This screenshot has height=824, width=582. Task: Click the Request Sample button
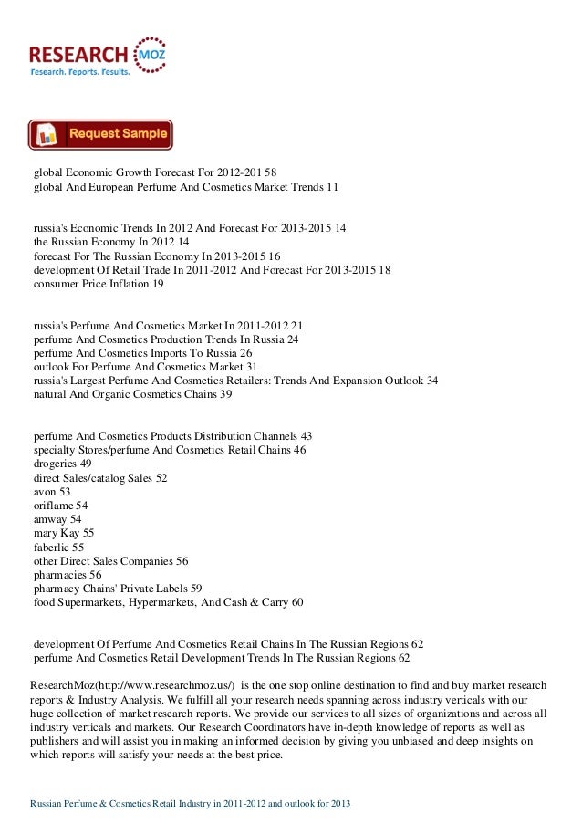100,134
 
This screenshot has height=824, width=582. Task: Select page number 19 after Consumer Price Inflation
159,286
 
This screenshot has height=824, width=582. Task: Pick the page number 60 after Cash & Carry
297,603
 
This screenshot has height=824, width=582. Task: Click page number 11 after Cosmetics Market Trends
332,186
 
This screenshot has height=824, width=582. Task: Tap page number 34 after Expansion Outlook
432,381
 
